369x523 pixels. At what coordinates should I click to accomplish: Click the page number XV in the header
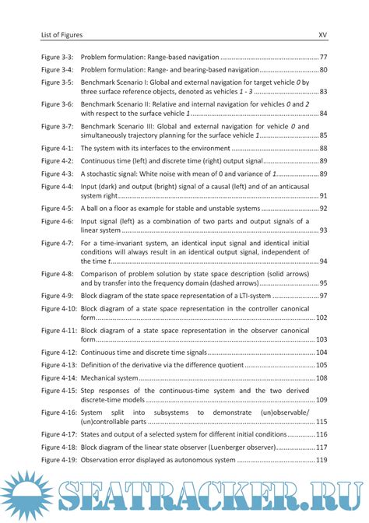pos(322,34)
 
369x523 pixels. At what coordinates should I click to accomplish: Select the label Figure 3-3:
pos(58,58)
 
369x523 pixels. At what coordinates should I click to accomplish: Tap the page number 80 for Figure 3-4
pos(322,70)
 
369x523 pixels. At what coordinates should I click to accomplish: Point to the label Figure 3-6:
pos(58,104)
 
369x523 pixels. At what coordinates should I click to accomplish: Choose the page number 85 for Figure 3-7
pos(322,135)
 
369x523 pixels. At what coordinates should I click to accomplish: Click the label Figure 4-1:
pos(58,148)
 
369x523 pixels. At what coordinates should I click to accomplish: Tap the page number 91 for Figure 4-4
pos(322,195)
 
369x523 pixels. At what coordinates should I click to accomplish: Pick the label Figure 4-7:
pos(58,243)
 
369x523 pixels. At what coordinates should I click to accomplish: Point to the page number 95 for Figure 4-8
pos(322,283)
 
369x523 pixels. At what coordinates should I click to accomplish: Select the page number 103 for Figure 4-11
pos(321,340)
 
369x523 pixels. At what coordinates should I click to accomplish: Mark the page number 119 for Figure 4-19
pos(321,460)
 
